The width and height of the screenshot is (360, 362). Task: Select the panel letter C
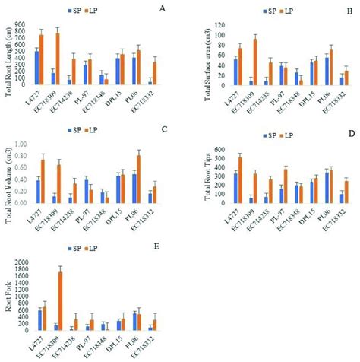click(x=164, y=130)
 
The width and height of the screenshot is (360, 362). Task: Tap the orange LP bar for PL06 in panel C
click(x=141, y=179)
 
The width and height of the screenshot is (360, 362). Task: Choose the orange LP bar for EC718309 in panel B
click(x=235, y=62)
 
